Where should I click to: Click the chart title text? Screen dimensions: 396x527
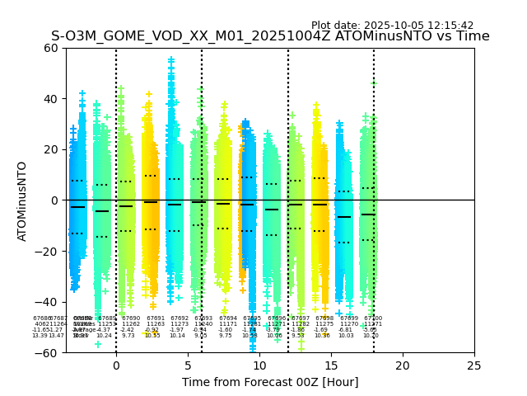270,36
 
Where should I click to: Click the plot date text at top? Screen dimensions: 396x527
392,26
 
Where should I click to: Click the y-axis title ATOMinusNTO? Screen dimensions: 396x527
23,200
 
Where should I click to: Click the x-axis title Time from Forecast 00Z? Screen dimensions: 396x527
270,382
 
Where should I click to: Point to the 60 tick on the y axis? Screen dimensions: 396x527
51,48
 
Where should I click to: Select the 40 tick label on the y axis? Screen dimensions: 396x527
51,99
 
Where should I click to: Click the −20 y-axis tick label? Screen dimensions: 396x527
48,251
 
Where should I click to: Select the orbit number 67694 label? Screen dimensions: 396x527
228,318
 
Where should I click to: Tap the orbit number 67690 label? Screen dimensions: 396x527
131,318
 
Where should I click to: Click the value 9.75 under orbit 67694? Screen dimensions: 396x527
226,336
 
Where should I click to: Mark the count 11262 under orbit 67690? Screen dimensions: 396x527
131,324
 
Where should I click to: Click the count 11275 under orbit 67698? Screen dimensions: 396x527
324,324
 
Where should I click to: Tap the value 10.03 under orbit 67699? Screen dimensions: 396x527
346,336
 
